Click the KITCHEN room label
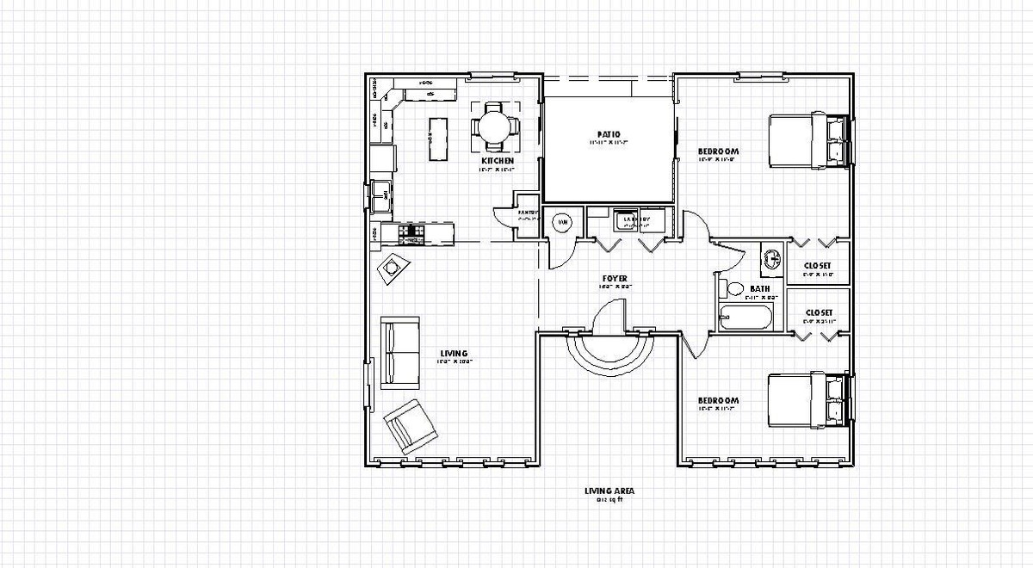498,161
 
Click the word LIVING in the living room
454,354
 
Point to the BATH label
759,289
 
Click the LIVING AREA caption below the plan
609,491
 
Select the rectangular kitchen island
439,139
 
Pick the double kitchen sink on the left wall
380,196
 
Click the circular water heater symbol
561,223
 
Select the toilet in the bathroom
733,288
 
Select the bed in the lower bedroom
806,401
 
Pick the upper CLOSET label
817,266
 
